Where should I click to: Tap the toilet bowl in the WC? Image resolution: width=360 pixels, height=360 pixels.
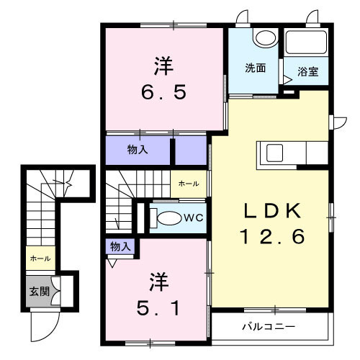pyautogui.click(x=168, y=217)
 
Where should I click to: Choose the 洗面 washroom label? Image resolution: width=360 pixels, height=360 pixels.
pyautogui.click(x=255, y=69)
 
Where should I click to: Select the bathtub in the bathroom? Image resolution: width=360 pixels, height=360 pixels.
pyautogui.click(x=305, y=42)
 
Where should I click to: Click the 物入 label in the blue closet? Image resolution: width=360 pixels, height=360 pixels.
pyautogui.click(x=138, y=150)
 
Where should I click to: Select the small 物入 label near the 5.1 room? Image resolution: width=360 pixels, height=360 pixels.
pyautogui.click(x=120, y=247)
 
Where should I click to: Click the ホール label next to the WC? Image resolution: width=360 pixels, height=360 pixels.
pyautogui.click(x=189, y=184)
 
